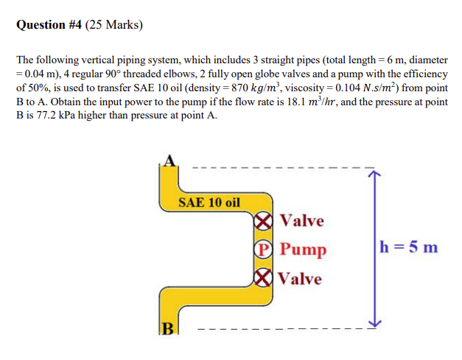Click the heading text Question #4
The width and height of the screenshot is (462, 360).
49,25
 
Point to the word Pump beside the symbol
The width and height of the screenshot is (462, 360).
304,250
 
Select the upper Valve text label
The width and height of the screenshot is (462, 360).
302,221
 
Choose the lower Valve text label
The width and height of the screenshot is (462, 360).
301,279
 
